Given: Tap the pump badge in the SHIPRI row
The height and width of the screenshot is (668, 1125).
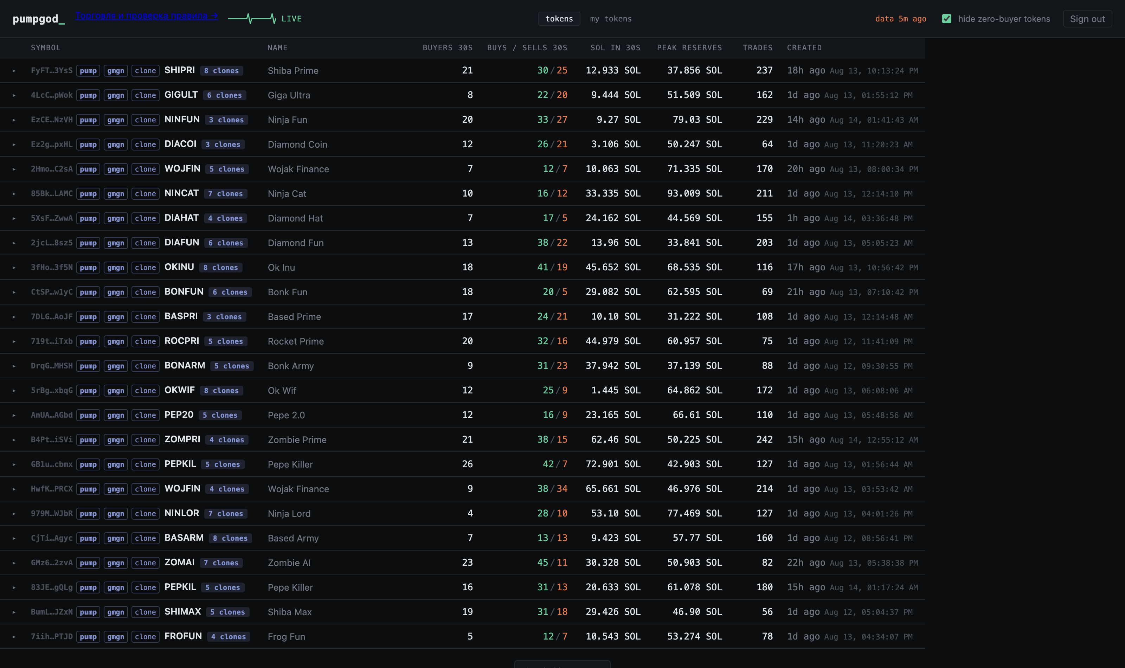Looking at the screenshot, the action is click(88, 71).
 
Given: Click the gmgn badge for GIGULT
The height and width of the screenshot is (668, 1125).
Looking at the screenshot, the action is click(116, 95).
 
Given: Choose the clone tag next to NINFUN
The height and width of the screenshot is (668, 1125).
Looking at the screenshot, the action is click(145, 120).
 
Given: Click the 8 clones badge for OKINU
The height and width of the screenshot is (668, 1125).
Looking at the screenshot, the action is click(220, 268).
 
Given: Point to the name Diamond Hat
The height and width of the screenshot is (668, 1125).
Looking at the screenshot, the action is click(295, 218).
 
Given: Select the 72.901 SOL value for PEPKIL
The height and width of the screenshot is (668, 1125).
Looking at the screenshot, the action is click(613, 464).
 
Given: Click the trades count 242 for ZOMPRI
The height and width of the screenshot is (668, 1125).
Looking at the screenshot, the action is click(765, 439).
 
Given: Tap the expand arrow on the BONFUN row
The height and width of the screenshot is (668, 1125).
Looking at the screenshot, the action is click(14, 292).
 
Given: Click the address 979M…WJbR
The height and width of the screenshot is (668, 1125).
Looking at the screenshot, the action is click(52, 513).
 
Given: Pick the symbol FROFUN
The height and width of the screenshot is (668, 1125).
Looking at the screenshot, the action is click(183, 636).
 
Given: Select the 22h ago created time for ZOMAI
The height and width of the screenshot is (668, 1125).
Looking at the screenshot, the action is click(806, 563).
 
